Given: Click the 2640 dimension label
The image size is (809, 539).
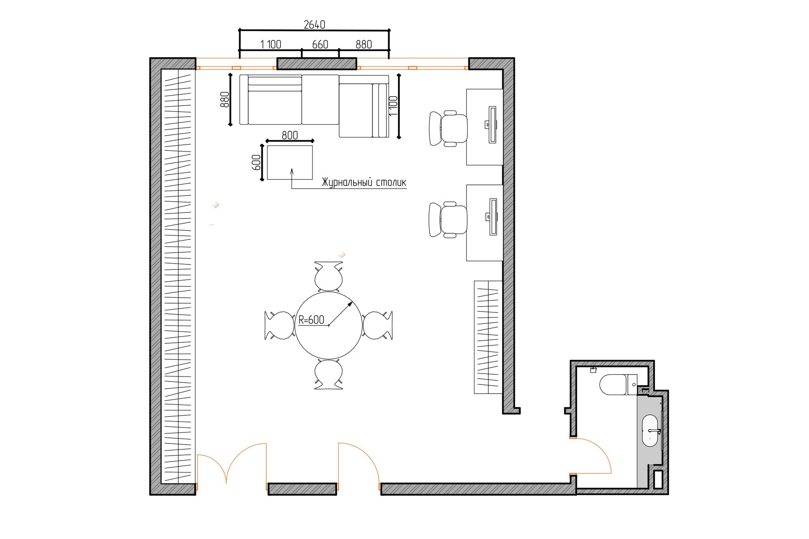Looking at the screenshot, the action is click(x=314, y=25).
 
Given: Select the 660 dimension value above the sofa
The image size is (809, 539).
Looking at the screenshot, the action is click(x=320, y=45).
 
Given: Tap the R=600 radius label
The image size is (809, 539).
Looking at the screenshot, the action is click(x=311, y=320).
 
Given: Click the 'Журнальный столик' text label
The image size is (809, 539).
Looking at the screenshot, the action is click(x=364, y=182).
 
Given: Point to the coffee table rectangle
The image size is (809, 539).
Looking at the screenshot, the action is click(x=290, y=163).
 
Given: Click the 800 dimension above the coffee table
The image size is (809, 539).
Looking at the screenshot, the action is click(x=290, y=135).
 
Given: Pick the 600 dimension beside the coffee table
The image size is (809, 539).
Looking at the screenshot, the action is click(x=256, y=163).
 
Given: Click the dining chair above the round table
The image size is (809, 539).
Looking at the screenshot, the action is click(x=329, y=276).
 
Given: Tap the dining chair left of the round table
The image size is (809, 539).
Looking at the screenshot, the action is click(x=279, y=325).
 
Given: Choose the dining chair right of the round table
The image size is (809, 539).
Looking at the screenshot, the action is click(x=378, y=325).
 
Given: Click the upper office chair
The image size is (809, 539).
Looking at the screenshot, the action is click(x=448, y=128).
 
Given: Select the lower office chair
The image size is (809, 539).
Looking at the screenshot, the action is click(x=448, y=219).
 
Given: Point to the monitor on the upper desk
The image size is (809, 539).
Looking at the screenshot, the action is click(x=492, y=125).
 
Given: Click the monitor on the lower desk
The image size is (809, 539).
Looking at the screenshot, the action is click(x=492, y=216).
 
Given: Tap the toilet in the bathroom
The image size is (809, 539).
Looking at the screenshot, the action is click(x=618, y=384).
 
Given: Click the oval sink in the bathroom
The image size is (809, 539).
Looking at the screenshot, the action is click(x=650, y=431).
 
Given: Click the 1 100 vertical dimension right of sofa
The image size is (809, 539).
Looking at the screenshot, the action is click(x=393, y=106).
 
